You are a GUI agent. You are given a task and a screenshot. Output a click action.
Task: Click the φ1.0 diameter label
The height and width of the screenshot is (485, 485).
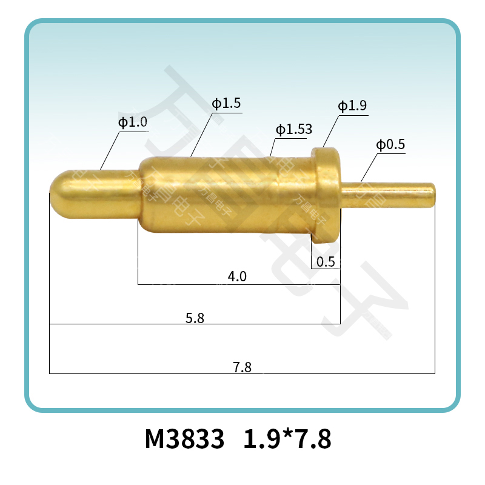coord(133,122)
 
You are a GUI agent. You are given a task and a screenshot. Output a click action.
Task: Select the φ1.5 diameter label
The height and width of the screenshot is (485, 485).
coord(226,104)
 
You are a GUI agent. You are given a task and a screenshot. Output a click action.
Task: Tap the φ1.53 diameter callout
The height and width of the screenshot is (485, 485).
coord(293,129)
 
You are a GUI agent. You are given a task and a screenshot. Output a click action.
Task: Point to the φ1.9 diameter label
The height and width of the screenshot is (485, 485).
coord(352,106)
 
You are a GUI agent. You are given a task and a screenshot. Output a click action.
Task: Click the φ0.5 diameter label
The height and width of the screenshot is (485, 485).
coord(390,145)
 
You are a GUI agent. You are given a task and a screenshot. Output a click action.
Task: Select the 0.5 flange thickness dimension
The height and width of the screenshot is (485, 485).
coord(326,262)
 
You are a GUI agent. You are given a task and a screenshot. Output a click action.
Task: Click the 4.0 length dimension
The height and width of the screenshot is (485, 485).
coord(236,276)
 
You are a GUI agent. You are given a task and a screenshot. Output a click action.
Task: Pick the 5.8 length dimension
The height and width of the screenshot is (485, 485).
coord(195,317)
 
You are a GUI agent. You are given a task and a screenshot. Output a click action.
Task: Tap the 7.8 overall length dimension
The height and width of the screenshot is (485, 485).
coord(242,367)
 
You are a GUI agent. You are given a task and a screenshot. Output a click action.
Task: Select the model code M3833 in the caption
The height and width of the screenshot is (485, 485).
coord(184,439)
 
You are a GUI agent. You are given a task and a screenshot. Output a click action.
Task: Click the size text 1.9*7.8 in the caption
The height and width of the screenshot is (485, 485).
coord(287,439)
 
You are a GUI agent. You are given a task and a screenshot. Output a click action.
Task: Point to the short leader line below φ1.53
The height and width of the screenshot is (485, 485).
coord(273,148)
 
